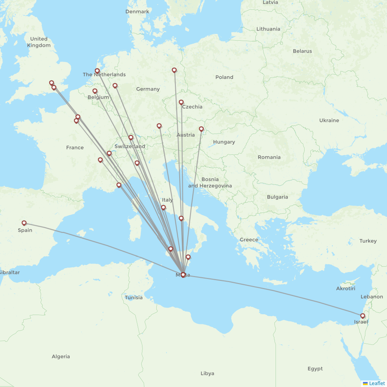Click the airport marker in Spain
(24, 223)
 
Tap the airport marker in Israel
(363, 316)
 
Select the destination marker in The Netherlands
(97, 71)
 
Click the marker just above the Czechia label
(181, 102)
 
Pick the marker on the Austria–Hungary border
(201, 129)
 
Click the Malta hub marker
(183, 275)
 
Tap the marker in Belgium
(95, 91)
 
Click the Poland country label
(224, 77)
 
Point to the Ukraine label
(329, 120)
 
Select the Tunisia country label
(134, 298)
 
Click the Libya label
(207, 373)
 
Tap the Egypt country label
(315, 369)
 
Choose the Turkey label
(368, 241)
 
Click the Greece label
(249, 240)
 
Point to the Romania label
(269, 157)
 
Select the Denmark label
(137, 12)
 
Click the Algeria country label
(61, 356)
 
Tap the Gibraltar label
(10, 272)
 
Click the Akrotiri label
(346, 288)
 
